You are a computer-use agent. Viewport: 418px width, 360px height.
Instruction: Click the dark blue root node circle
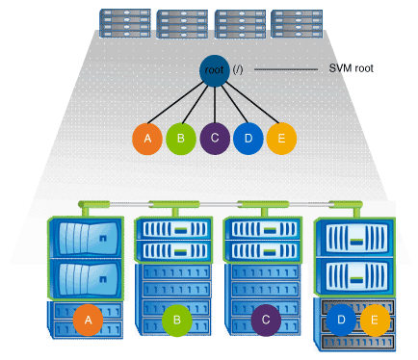click(214, 70)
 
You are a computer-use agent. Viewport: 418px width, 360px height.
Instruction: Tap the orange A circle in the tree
click(147, 139)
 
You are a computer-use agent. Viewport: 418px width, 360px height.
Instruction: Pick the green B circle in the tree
click(181, 139)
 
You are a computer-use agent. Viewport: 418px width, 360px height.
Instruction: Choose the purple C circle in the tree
click(214, 139)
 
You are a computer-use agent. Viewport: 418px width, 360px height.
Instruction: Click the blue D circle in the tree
click(248, 139)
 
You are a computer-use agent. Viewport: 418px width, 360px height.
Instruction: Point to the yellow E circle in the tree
click(280, 139)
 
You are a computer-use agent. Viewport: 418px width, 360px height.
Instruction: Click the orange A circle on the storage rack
click(88, 318)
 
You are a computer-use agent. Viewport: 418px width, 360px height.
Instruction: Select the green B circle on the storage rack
click(176, 318)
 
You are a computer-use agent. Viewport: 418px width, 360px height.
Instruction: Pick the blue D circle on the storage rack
click(340, 318)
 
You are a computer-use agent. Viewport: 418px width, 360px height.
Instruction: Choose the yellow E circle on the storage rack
click(375, 318)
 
